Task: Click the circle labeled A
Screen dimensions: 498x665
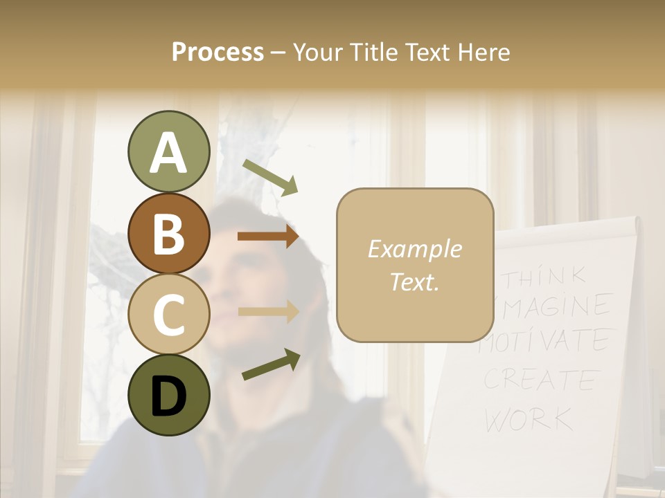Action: pyautogui.click(x=168, y=152)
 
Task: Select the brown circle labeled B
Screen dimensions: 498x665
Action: pyautogui.click(x=168, y=233)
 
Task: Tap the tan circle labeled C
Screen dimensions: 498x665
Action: pyautogui.click(x=168, y=314)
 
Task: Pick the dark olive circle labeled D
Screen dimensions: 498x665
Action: pyautogui.click(x=168, y=395)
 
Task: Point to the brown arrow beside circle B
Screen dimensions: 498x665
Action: pyautogui.click(x=267, y=237)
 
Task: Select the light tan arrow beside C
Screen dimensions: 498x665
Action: pyautogui.click(x=268, y=311)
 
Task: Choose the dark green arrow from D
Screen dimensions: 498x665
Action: pyautogui.click(x=271, y=365)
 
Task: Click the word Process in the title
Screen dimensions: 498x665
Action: pyautogui.click(x=218, y=52)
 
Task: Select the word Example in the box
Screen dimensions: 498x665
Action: pyautogui.click(x=414, y=249)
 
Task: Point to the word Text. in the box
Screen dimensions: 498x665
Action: pyautogui.click(x=414, y=282)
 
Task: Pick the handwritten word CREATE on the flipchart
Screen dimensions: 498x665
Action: pyautogui.click(x=540, y=379)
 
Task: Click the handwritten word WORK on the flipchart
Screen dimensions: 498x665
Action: pyautogui.click(x=528, y=418)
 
